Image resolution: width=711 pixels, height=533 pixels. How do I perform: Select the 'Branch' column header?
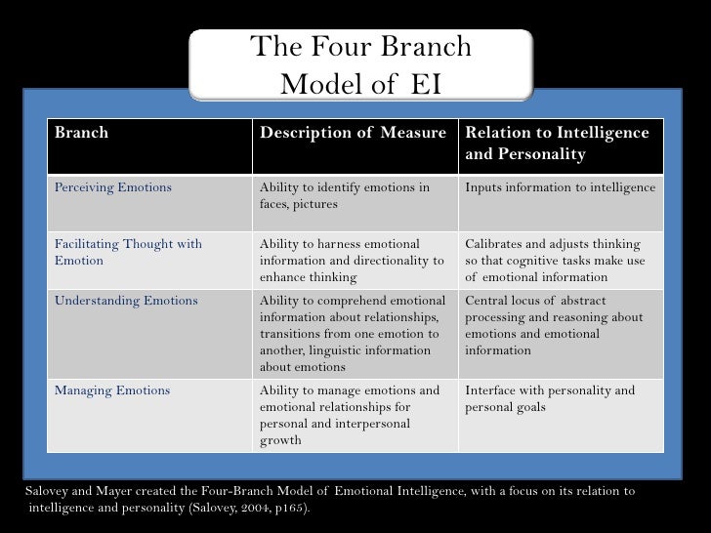click(x=81, y=133)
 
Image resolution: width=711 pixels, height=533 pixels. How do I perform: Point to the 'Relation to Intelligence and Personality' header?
click(x=556, y=143)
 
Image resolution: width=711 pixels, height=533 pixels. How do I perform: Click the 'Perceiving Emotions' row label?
click(x=112, y=187)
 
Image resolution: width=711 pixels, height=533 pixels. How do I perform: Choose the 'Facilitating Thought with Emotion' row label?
click(x=128, y=252)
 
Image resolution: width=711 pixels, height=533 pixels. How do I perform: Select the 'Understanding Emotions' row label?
click(x=126, y=301)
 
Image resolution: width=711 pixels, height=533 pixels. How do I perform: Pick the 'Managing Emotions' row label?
click(x=111, y=390)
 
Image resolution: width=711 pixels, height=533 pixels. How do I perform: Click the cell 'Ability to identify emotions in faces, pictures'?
click(x=344, y=196)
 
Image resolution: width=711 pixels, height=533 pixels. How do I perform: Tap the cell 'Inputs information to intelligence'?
click(x=560, y=187)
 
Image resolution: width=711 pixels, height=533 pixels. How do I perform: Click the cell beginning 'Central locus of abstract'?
click(x=554, y=325)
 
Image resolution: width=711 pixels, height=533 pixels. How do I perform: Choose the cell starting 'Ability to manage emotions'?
click(x=350, y=415)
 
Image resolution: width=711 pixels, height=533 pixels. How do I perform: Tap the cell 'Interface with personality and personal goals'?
click(x=549, y=399)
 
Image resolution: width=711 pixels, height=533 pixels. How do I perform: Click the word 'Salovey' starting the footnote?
click(x=46, y=491)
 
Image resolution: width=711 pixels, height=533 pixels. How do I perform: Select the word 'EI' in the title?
click(x=426, y=85)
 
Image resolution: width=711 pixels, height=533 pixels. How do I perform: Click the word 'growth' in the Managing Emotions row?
click(x=280, y=440)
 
